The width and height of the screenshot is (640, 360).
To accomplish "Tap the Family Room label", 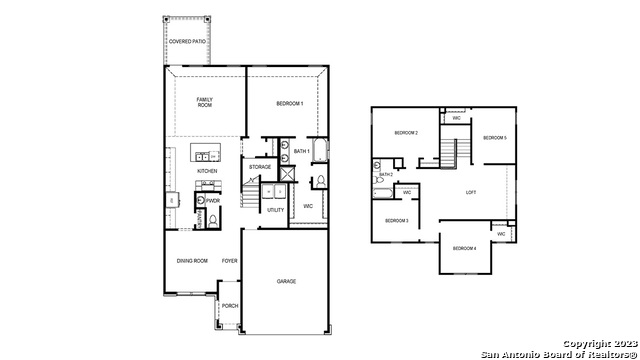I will tap(204, 102).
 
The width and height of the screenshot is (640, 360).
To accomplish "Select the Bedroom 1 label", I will tap(290, 104).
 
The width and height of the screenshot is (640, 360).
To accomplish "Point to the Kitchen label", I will tap(207, 171).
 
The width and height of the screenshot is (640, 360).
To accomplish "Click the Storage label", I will tap(260, 167).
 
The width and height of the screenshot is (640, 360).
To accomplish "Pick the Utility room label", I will tap(275, 210).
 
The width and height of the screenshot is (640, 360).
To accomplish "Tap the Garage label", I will tap(286, 281).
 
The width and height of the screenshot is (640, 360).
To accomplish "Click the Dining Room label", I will tap(192, 260).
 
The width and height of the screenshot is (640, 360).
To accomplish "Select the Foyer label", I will tap(229, 260).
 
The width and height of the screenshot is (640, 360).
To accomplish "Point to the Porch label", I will tap(229, 306).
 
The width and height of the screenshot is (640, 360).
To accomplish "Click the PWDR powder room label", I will tap(213, 200).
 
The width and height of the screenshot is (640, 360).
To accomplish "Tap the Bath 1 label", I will tap(301, 151).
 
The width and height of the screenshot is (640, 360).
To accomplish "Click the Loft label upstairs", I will tap(471, 192).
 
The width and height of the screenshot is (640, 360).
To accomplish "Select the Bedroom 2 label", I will tap(405, 133).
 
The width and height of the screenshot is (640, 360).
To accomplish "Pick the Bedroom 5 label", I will tap(495, 137).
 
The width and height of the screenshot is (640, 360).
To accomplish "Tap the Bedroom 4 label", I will tap(464, 248).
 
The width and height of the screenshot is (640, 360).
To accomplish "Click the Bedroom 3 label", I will tap(397, 220).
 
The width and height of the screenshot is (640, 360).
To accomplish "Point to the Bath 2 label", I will tap(386, 174).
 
